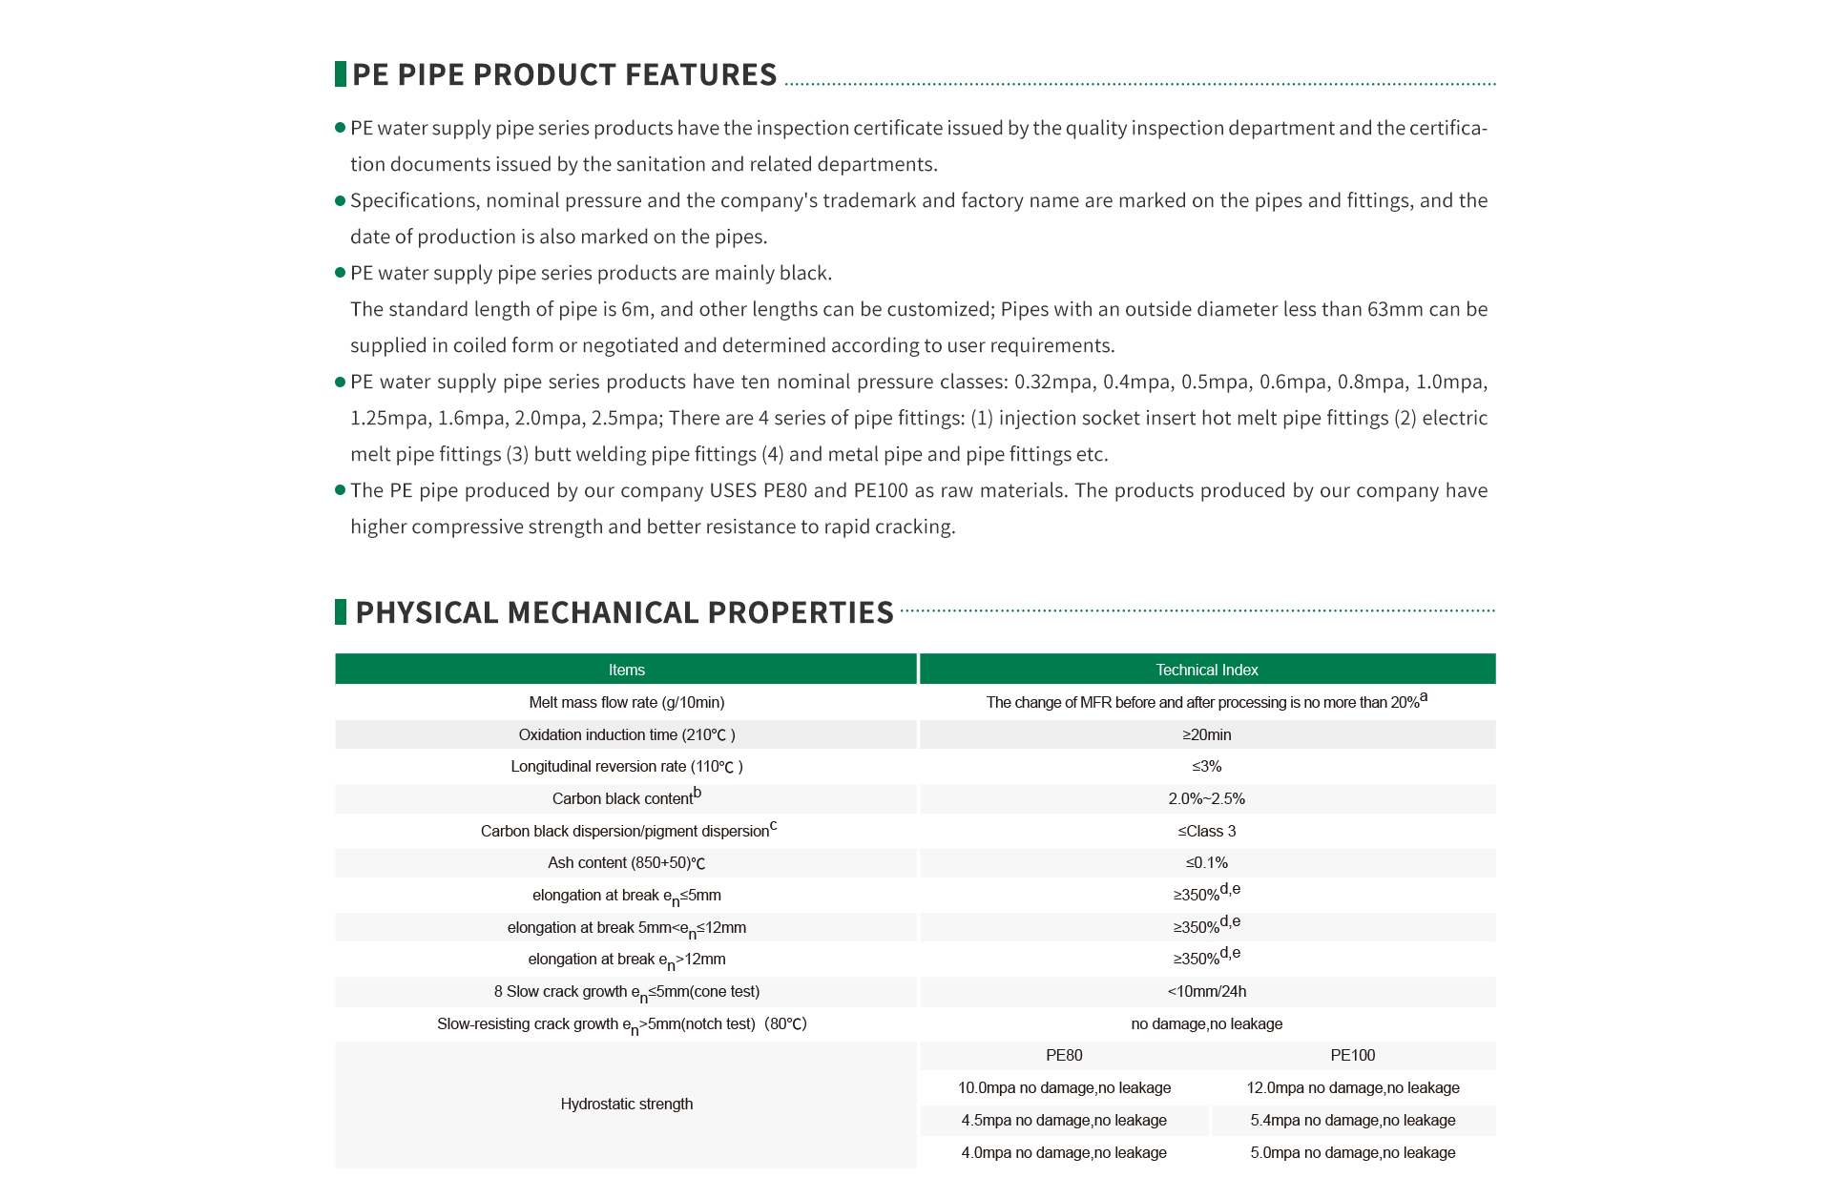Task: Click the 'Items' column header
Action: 626,670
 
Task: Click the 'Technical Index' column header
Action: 1206,670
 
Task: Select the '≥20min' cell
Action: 1206,734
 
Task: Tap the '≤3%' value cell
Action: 1206,766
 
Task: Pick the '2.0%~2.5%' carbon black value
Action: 1206,798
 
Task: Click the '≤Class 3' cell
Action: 1206,831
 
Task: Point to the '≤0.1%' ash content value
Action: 1206,862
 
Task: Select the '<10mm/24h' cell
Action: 1206,991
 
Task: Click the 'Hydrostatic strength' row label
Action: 626,1104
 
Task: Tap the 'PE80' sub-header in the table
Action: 1064,1055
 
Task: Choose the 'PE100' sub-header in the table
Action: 1352,1055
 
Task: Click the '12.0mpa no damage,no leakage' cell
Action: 1352,1087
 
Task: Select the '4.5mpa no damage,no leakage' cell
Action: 1064,1120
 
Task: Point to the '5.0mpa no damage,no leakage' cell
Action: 1352,1152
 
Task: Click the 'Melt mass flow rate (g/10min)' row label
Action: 626,702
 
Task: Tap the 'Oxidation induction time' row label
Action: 626,734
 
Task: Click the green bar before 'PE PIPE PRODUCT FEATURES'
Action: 341,73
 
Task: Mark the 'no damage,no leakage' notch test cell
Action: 1206,1023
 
